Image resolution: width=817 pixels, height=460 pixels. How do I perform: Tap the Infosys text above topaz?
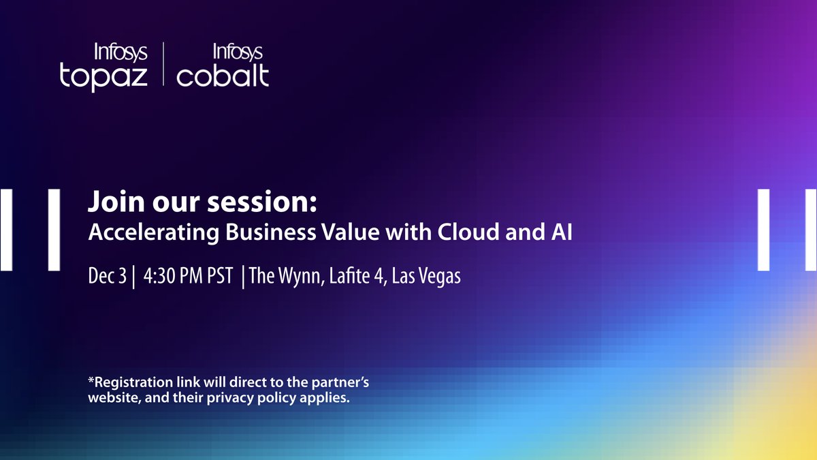click(x=120, y=51)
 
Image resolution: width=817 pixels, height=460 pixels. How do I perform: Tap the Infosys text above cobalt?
click(x=238, y=51)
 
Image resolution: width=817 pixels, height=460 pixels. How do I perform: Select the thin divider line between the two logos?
click(x=163, y=64)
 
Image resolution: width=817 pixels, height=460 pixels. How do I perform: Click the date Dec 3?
click(x=107, y=277)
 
